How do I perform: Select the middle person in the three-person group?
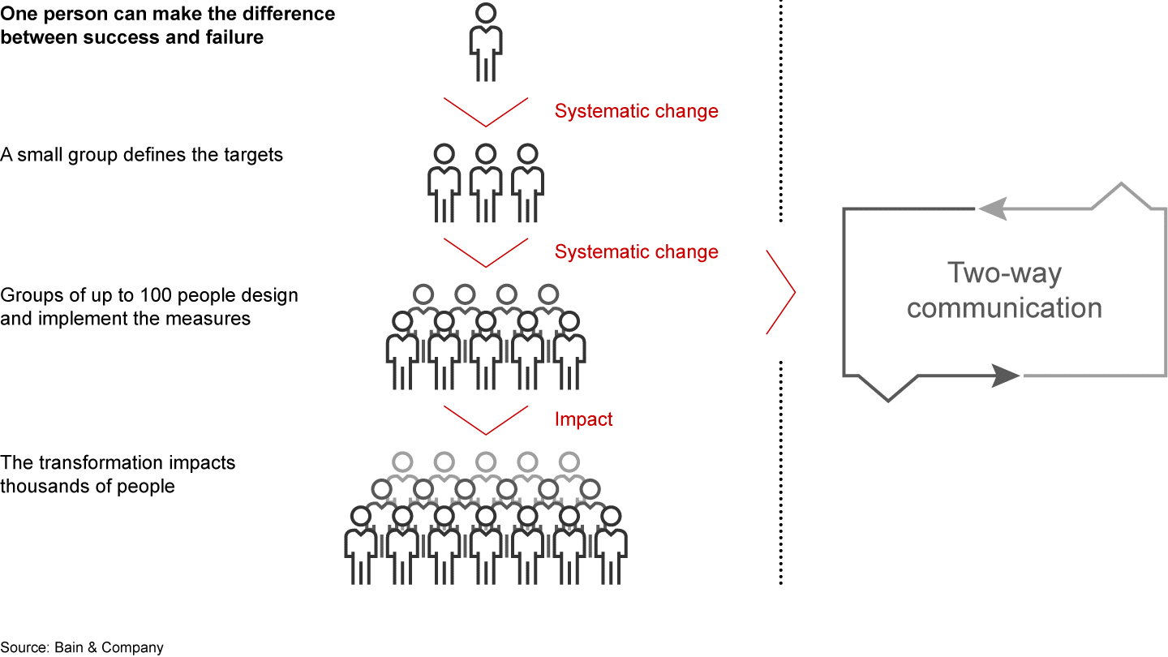[486, 182]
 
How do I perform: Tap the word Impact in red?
[583, 419]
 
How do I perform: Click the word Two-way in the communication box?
[1004, 273]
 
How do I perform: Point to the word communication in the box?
[1004, 308]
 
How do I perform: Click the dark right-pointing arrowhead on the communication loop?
[1006, 376]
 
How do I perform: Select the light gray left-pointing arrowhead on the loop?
[993, 209]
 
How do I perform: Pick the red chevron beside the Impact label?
[486, 420]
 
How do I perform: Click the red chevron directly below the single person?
[486, 113]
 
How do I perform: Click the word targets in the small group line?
[251, 154]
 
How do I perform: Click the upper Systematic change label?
[636, 111]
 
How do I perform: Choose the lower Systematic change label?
[636, 252]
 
